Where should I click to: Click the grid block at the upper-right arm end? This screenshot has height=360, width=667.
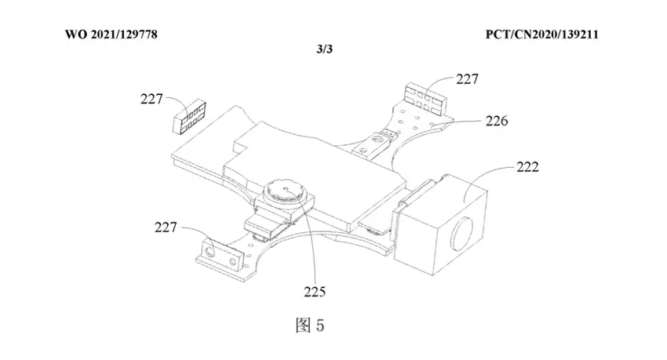[x=425, y=98]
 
